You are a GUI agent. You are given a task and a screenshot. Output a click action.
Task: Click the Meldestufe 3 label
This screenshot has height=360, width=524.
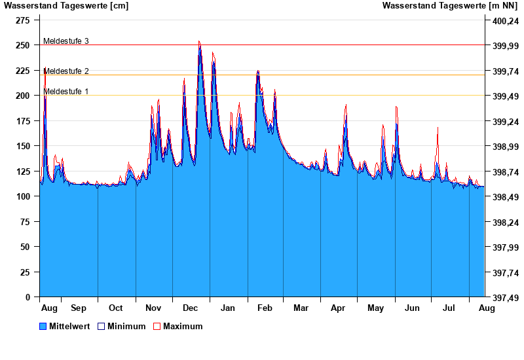(x=65, y=41)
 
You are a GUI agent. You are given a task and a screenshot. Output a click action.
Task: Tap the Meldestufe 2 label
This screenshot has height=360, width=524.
(x=65, y=71)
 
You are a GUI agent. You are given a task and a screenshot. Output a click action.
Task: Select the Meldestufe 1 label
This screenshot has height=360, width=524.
(x=65, y=92)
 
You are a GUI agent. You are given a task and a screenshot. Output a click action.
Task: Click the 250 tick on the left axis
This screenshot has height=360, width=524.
(x=24, y=45)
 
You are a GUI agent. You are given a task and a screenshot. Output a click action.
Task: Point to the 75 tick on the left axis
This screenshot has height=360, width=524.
(x=26, y=222)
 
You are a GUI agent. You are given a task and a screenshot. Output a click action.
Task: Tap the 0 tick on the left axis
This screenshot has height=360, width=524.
(x=28, y=297)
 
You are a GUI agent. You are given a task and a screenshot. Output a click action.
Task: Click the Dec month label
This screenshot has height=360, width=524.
(x=191, y=308)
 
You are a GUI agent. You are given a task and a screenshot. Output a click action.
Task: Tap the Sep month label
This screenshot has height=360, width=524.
(x=79, y=308)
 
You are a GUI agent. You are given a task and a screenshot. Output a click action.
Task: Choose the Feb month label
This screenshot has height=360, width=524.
(x=265, y=308)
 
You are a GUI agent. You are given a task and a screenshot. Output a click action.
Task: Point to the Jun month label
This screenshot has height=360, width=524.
(x=413, y=308)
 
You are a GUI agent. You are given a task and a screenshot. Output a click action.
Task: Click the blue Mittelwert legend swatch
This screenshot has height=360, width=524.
(x=43, y=327)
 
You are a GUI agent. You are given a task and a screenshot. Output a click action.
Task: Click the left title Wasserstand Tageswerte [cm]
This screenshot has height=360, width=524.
(x=66, y=6)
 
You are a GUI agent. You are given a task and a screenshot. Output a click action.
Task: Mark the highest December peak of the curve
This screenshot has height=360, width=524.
(x=199, y=42)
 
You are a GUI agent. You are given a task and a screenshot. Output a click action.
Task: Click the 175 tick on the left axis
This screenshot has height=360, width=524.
(x=24, y=121)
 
